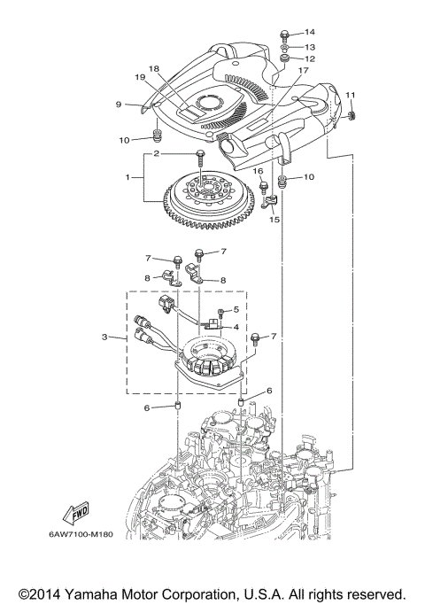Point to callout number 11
351,95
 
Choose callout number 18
154,68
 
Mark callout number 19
140,77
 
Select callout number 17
303,70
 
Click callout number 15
274,218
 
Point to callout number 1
130,177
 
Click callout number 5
236,309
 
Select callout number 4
236,326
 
